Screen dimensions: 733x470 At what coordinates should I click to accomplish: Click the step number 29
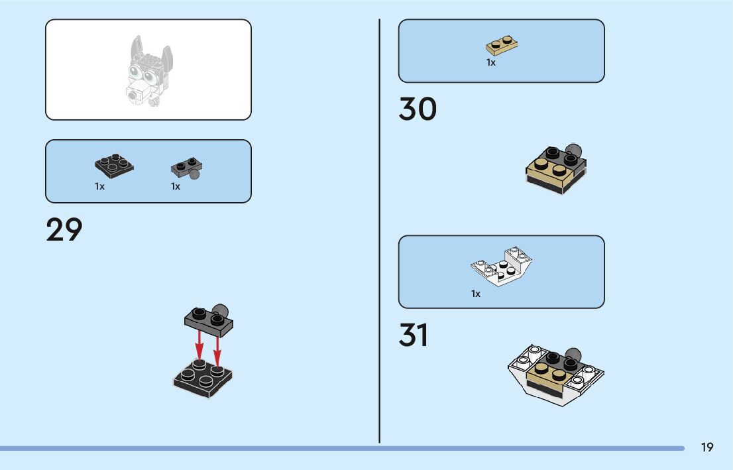click(x=64, y=230)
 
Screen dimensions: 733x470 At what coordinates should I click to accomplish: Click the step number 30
click(x=418, y=109)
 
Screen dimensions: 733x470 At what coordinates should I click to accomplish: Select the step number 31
click(x=414, y=335)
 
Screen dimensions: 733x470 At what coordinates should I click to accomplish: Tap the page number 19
click(x=707, y=447)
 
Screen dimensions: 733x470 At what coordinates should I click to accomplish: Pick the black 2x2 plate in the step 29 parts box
click(x=113, y=164)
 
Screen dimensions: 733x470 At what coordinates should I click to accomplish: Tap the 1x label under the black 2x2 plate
click(x=99, y=187)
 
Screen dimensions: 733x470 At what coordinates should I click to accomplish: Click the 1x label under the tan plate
click(x=491, y=63)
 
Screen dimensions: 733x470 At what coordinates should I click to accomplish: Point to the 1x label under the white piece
click(x=476, y=294)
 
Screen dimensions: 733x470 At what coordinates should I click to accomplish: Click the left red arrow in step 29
click(x=199, y=345)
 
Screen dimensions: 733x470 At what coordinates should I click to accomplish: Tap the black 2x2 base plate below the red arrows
click(x=202, y=381)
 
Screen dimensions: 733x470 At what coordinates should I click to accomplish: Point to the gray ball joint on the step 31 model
click(x=574, y=356)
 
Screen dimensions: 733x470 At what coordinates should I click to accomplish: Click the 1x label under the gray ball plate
click(x=176, y=187)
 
